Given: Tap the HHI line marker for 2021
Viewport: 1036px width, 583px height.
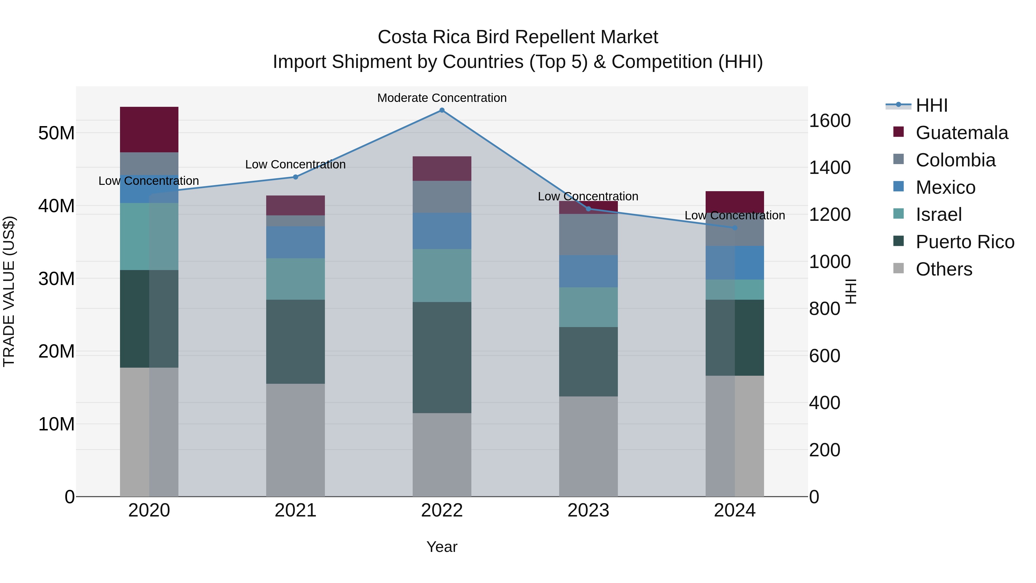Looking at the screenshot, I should (295, 177).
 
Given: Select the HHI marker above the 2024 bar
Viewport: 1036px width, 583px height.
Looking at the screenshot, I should (734, 228).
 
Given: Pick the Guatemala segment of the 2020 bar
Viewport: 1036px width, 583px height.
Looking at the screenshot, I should (149, 130).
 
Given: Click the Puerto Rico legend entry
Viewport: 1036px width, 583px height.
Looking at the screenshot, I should (964, 242).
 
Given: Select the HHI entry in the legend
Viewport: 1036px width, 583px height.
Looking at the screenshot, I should (932, 105).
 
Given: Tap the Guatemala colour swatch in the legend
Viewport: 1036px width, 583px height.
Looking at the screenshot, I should (898, 132).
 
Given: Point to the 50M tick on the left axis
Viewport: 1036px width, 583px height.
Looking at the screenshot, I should (56, 133).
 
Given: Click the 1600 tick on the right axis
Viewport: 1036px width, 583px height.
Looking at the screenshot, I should (829, 121).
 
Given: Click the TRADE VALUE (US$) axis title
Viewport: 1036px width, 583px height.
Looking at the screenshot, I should (9, 291).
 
